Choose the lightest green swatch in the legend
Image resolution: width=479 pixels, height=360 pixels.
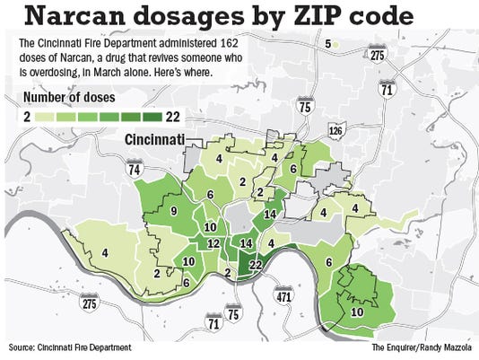(46, 116)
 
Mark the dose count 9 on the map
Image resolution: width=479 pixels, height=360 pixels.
(173, 212)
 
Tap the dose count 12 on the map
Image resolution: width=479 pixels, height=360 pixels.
(213, 243)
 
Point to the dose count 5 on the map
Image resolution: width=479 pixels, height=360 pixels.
(328, 43)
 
